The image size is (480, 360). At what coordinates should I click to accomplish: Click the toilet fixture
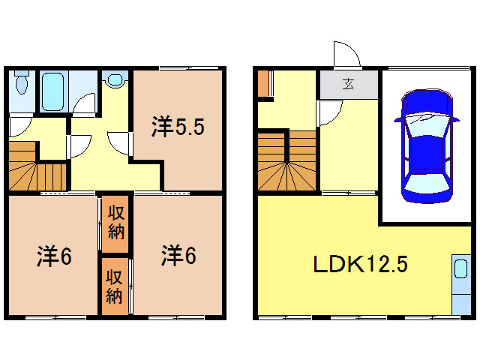[21, 82]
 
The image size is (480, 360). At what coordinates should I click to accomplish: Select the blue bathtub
[52, 91]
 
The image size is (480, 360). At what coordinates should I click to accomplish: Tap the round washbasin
[115, 79]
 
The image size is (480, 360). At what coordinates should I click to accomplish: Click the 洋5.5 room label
[178, 128]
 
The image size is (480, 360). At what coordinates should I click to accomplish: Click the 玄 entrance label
[348, 84]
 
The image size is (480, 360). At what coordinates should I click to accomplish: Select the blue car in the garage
[424, 147]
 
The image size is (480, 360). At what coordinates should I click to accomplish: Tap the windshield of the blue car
[424, 120]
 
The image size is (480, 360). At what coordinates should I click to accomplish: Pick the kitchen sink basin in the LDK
[458, 271]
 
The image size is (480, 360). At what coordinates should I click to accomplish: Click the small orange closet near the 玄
[262, 84]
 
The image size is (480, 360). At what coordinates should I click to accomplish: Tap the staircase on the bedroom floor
[37, 169]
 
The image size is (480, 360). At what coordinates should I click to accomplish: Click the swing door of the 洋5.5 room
[120, 142]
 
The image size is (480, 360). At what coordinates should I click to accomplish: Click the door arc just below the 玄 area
[327, 112]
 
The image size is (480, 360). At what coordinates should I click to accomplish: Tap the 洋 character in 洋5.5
[160, 128]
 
